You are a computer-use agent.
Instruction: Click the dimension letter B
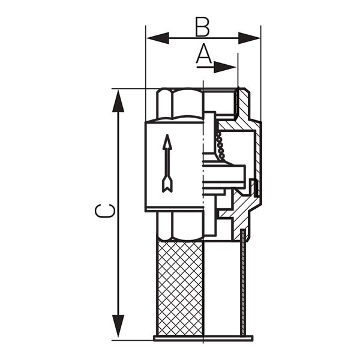tap(202, 27)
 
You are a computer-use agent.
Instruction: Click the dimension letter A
tap(204, 54)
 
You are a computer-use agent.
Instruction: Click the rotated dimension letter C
tap(105, 211)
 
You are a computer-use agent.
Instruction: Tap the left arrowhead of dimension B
tap(158, 38)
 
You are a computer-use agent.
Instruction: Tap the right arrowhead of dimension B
tap(250, 38)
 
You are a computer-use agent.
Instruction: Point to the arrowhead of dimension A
tap(225, 67)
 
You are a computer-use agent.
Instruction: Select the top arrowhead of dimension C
tap(118, 101)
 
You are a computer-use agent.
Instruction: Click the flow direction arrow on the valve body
tap(167, 163)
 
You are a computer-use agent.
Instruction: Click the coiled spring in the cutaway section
tap(220, 145)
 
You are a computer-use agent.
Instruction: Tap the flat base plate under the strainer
tap(203, 338)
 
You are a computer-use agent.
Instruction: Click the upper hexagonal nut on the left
tap(180, 104)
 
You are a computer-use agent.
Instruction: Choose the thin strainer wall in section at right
tap(242, 283)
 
